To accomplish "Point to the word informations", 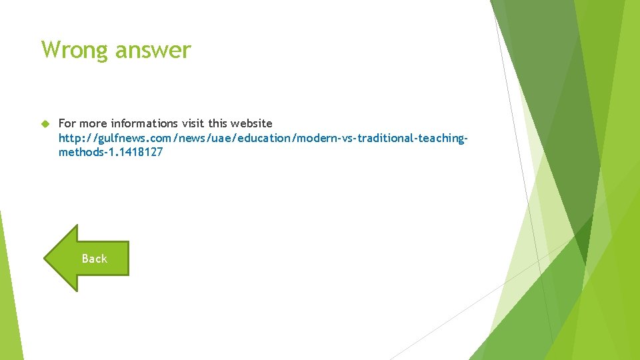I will click(x=145, y=123).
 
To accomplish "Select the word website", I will click(x=251, y=123).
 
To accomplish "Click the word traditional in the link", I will click(x=383, y=138).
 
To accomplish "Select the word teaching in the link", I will click(x=442, y=138).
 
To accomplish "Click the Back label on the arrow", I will click(x=94, y=259).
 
